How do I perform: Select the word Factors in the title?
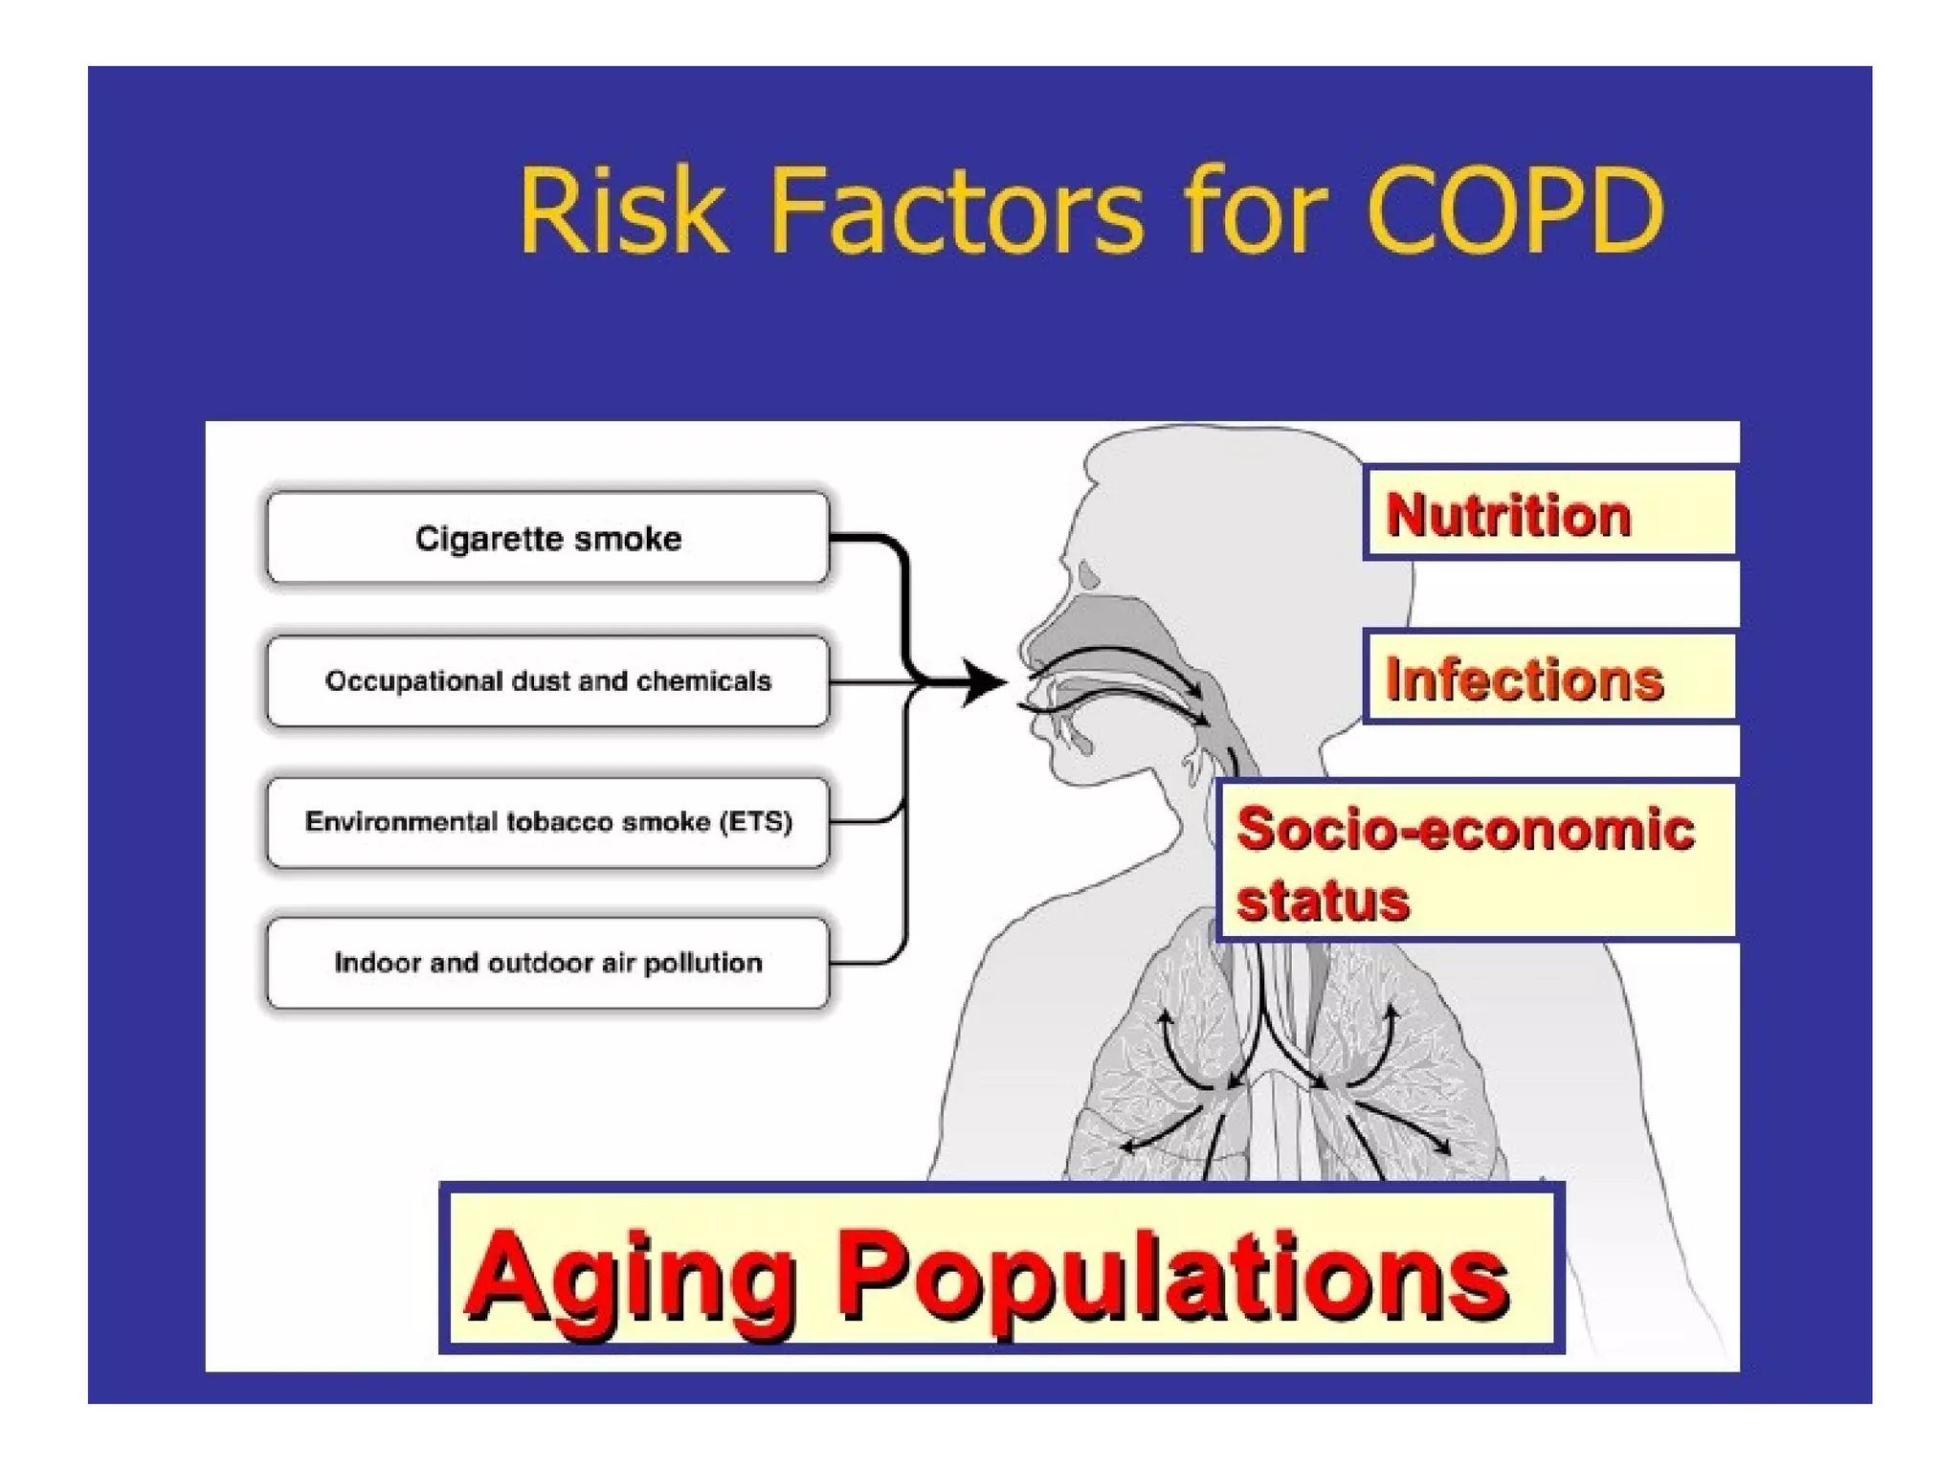tap(957, 212)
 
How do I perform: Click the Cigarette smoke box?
tap(547, 538)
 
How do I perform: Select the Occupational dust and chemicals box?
tap(547, 680)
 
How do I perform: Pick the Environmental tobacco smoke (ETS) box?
tap(547, 822)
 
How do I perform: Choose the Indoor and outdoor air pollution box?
tap(547, 963)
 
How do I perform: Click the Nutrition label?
tap(1508, 515)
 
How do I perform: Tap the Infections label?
tap(1524, 679)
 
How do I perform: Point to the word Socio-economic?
tap(1464, 829)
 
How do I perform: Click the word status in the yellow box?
tap(1323, 900)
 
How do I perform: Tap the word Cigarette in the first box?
tap(470, 538)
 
